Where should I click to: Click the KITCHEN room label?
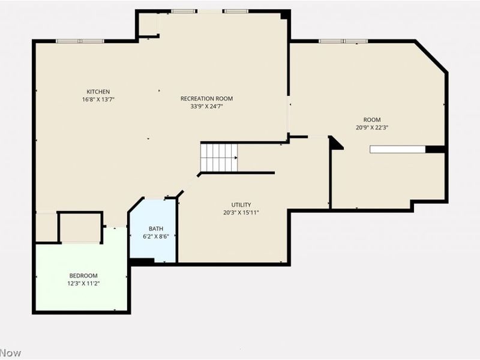98,91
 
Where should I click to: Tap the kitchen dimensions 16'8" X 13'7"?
98,99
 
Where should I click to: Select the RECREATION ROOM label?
206,98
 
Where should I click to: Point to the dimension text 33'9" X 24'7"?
206,106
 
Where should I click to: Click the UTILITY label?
241,205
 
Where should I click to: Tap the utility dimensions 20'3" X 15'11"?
241,212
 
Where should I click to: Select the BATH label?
156,229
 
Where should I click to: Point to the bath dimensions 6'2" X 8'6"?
156,236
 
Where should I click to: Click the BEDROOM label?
83,275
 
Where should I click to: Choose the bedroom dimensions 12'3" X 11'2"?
83,283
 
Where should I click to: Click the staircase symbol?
218,158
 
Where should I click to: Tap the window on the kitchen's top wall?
80,41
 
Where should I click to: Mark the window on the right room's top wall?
343,41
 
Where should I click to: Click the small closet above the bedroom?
80,227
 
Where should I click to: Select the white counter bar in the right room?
398,149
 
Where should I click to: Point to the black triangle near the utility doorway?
335,143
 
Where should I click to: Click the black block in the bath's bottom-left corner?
142,262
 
